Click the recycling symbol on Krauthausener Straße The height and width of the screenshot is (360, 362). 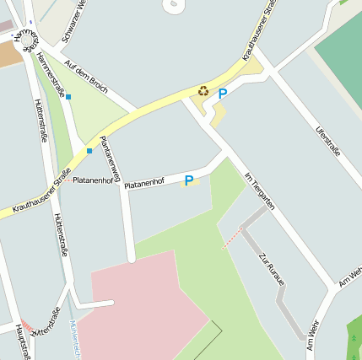[203, 91]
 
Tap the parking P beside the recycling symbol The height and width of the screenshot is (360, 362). [223, 94]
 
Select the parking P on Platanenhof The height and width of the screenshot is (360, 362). [189, 180]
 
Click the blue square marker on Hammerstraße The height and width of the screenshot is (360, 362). [68, 97]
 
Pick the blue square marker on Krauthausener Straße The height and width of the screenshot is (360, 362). [89, 151]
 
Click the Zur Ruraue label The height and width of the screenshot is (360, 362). [273, 269]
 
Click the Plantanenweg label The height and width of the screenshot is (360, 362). [110, 155]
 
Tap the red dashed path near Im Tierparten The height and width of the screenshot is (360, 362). [230, 239]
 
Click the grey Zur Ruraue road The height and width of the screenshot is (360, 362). [290, 313]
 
